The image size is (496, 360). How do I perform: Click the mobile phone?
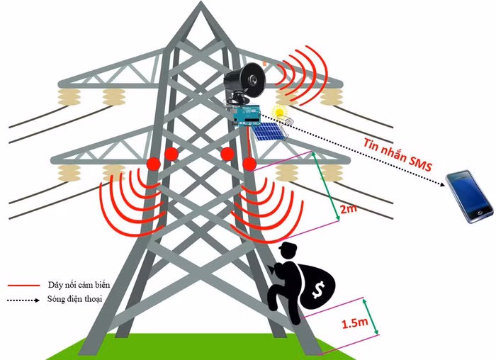[469, 196]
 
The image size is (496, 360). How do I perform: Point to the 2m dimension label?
[349, 210]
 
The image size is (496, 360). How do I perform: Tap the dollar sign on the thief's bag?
[316, 290]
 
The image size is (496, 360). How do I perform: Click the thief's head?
[288, 253]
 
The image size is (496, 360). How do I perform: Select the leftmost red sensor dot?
[153, 164]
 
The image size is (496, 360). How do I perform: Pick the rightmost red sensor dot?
[249, 164]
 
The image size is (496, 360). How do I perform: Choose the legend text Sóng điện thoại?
[75, 300]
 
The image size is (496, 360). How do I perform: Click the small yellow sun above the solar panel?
[281, 112]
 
